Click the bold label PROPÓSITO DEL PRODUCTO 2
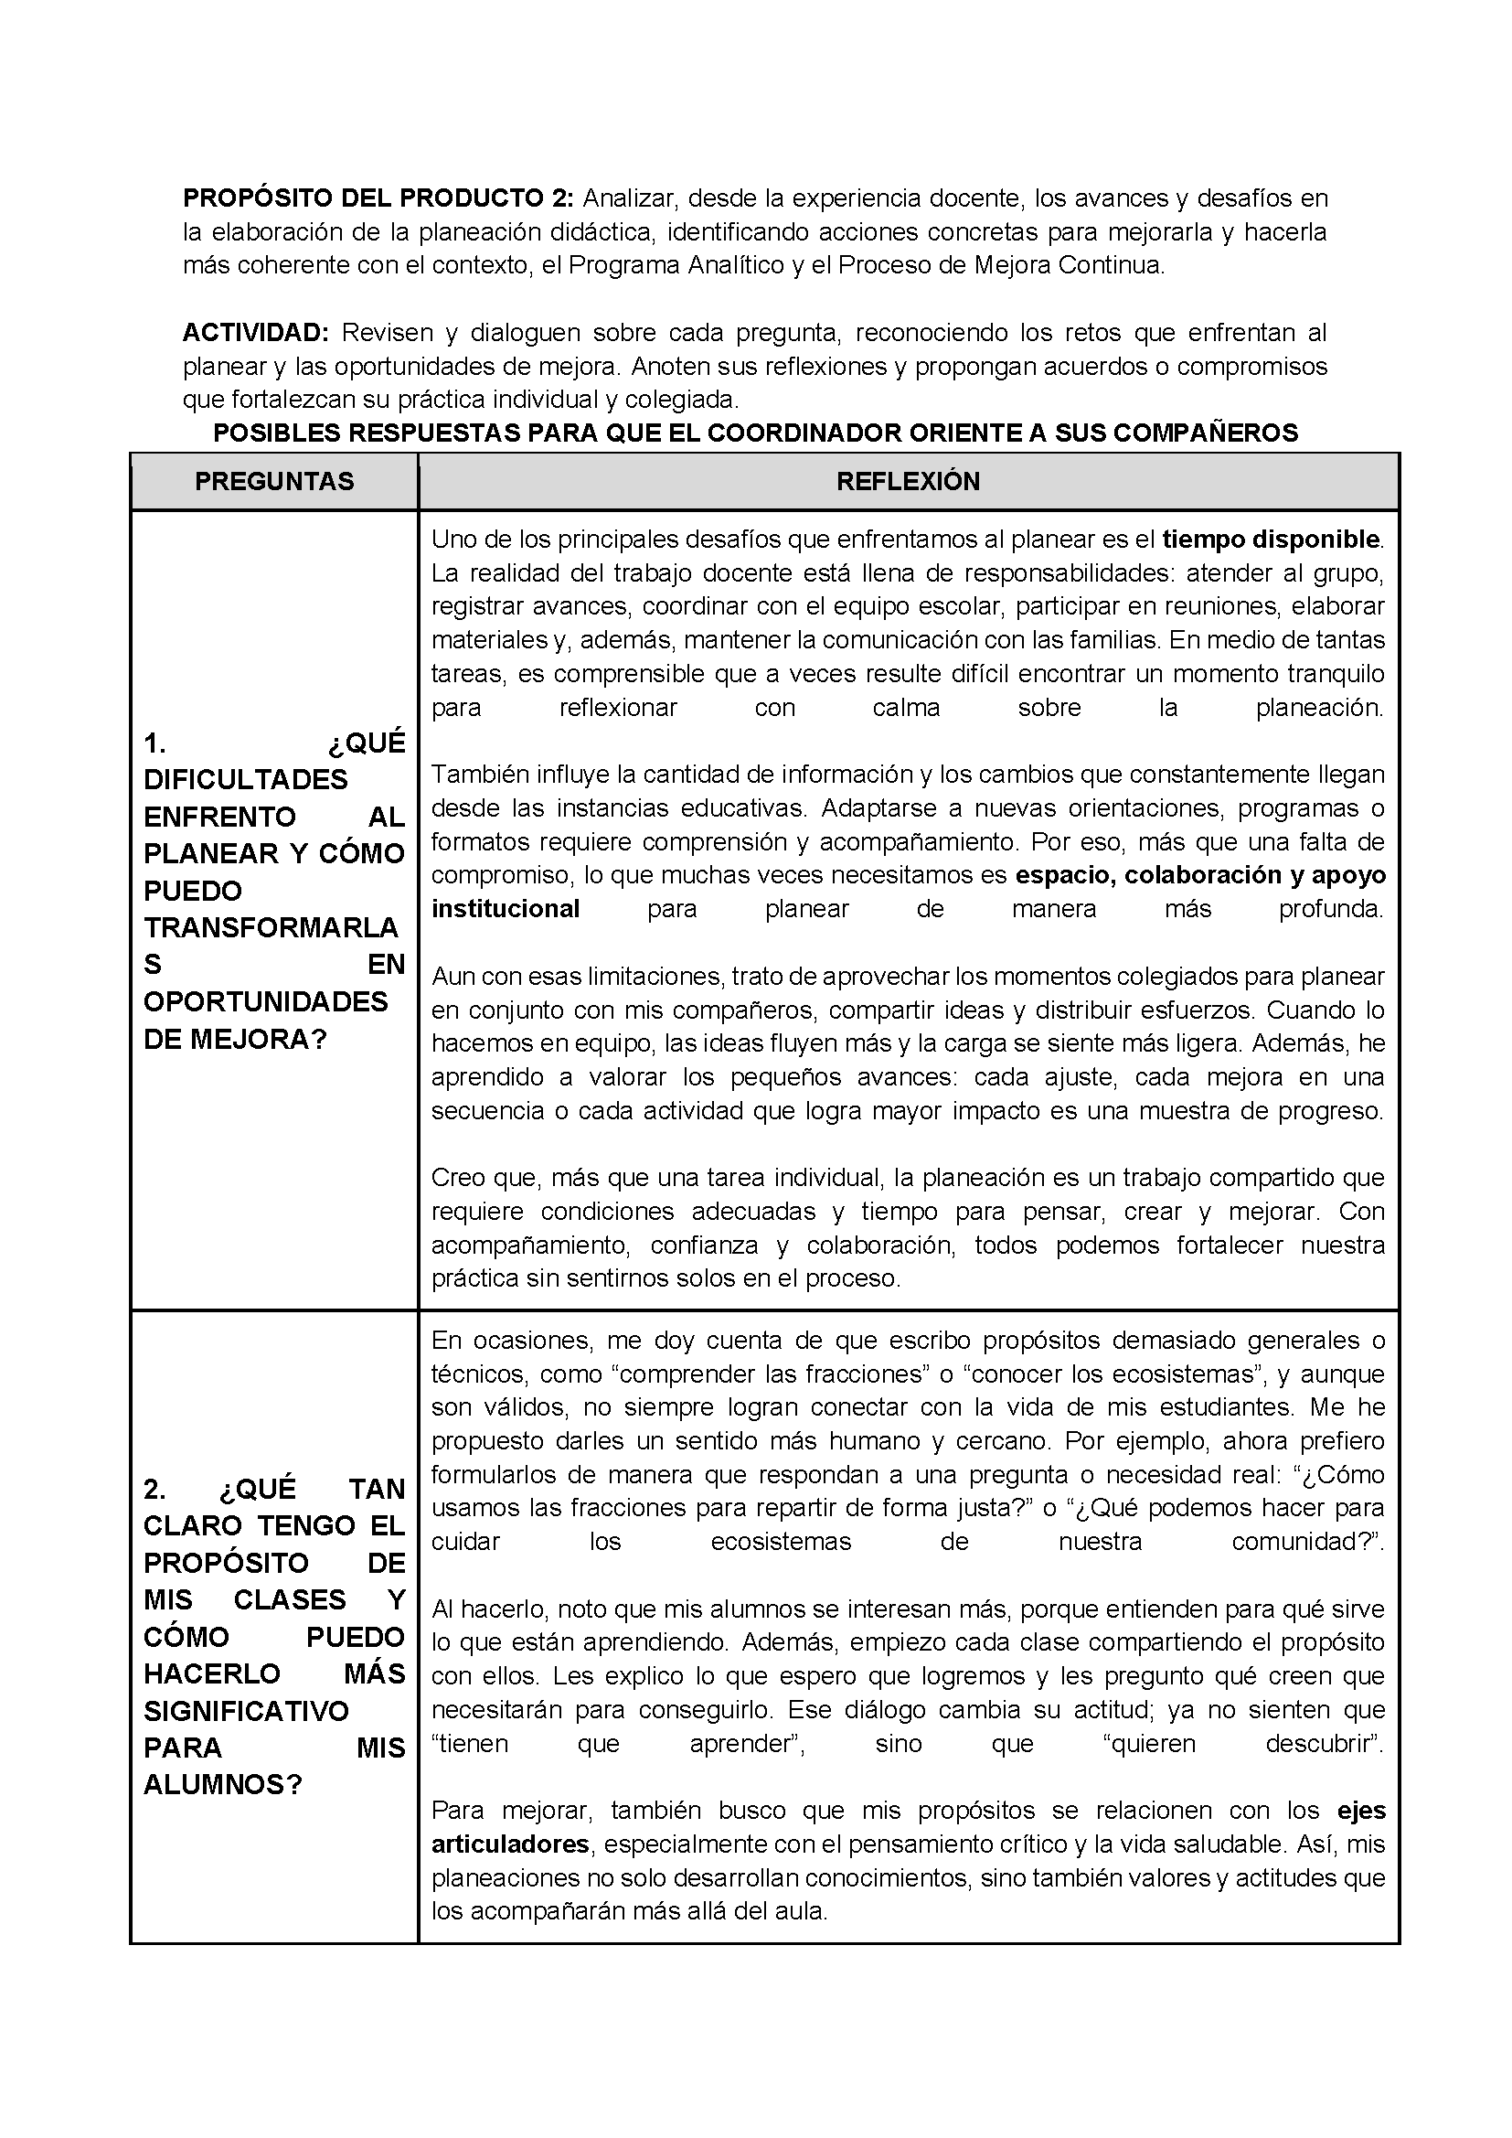381,198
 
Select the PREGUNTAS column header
274,481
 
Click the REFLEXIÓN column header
908,481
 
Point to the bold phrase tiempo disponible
1272,540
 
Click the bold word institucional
506,909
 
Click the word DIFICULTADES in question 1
246,779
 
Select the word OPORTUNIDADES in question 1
265,1002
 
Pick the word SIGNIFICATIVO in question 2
246,1712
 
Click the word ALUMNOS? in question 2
223,1785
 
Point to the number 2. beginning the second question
154,1490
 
